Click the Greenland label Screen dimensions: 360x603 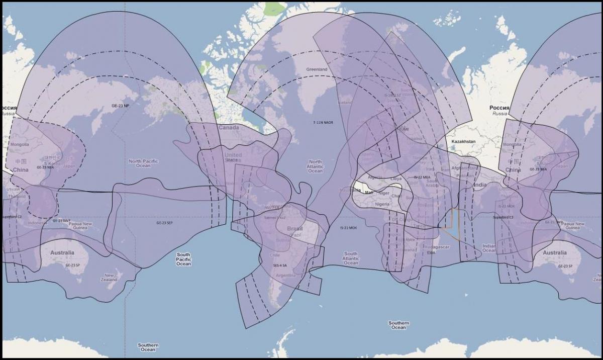coord(317,69)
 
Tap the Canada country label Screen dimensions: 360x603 coord(229,128)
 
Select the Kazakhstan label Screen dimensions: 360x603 coord(463,142)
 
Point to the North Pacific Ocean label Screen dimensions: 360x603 coord(143,163)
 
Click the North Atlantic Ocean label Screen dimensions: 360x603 coord(315,167)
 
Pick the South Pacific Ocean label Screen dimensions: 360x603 coord(183,259)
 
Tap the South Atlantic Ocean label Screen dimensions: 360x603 coord(351,258)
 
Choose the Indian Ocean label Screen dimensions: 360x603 coord(489,248)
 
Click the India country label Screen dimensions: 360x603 coord(480,185)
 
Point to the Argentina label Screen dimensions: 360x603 coord(286,276)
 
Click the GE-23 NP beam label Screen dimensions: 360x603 coord(120,106)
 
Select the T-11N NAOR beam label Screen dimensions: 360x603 coord(323,122)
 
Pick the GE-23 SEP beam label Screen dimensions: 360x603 coord(164,222)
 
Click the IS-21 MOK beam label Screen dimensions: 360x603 coord(348,228)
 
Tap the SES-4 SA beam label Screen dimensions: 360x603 coord(279,264)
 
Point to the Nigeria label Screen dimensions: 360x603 coord(382,204)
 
